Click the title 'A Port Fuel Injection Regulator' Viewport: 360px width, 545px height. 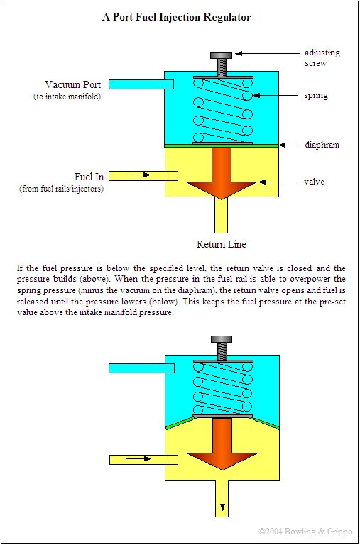click(x=176, y=16)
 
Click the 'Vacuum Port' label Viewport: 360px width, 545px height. click(x=72, y=84)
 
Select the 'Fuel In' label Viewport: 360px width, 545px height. click(x=89, y=176)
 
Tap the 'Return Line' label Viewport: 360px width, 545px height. click(x=221, y=244)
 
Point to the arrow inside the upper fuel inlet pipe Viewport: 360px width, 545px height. click(x=144, y=175)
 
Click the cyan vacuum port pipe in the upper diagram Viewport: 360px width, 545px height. click(x=142, y=84)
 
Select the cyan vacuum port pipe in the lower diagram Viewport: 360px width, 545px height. click(x=136, y=368)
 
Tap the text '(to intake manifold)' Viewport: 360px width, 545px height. click(x=67, y=97)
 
